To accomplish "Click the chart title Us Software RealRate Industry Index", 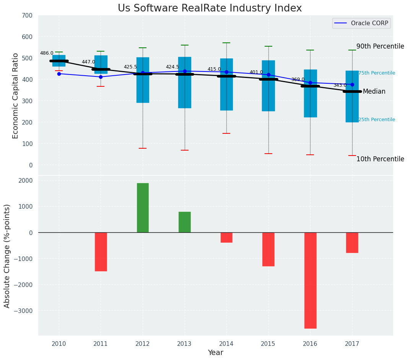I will [x=210, y=8].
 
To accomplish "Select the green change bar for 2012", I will [x=143, y=208].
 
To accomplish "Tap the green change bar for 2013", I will [x=185, y=222].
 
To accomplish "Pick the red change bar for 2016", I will [x=310, y=280].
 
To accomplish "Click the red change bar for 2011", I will [x=101, y=251].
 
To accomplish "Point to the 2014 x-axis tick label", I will [x=226, y=344].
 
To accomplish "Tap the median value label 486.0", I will [x=47, y=53].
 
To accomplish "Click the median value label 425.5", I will [x=130, y=67].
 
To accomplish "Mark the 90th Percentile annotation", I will [x=380, y=46].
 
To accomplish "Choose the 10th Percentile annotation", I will [x=380, y=159].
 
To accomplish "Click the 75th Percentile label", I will [x=377, y=73].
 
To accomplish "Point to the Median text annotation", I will [x=374, y=92].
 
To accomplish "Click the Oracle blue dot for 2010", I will [x=59, y=74].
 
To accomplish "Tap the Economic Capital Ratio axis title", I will [x=16, y=96].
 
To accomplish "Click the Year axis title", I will [x=215, y=353].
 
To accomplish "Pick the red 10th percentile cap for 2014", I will [x=226, y=133].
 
